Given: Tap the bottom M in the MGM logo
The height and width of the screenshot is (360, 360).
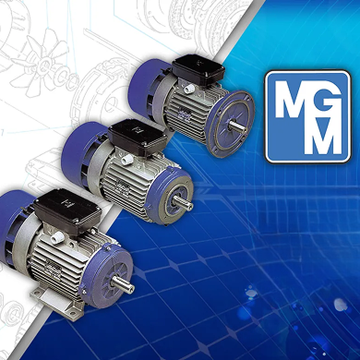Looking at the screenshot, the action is pos(322,136).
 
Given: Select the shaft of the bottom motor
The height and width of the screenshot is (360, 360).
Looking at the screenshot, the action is pos(123,283).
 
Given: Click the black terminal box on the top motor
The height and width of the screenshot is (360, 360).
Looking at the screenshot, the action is pos(198,69).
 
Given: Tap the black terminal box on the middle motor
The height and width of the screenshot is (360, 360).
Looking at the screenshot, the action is pos(138,137).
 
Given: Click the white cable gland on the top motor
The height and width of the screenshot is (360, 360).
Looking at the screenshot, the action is pos(187,90).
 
